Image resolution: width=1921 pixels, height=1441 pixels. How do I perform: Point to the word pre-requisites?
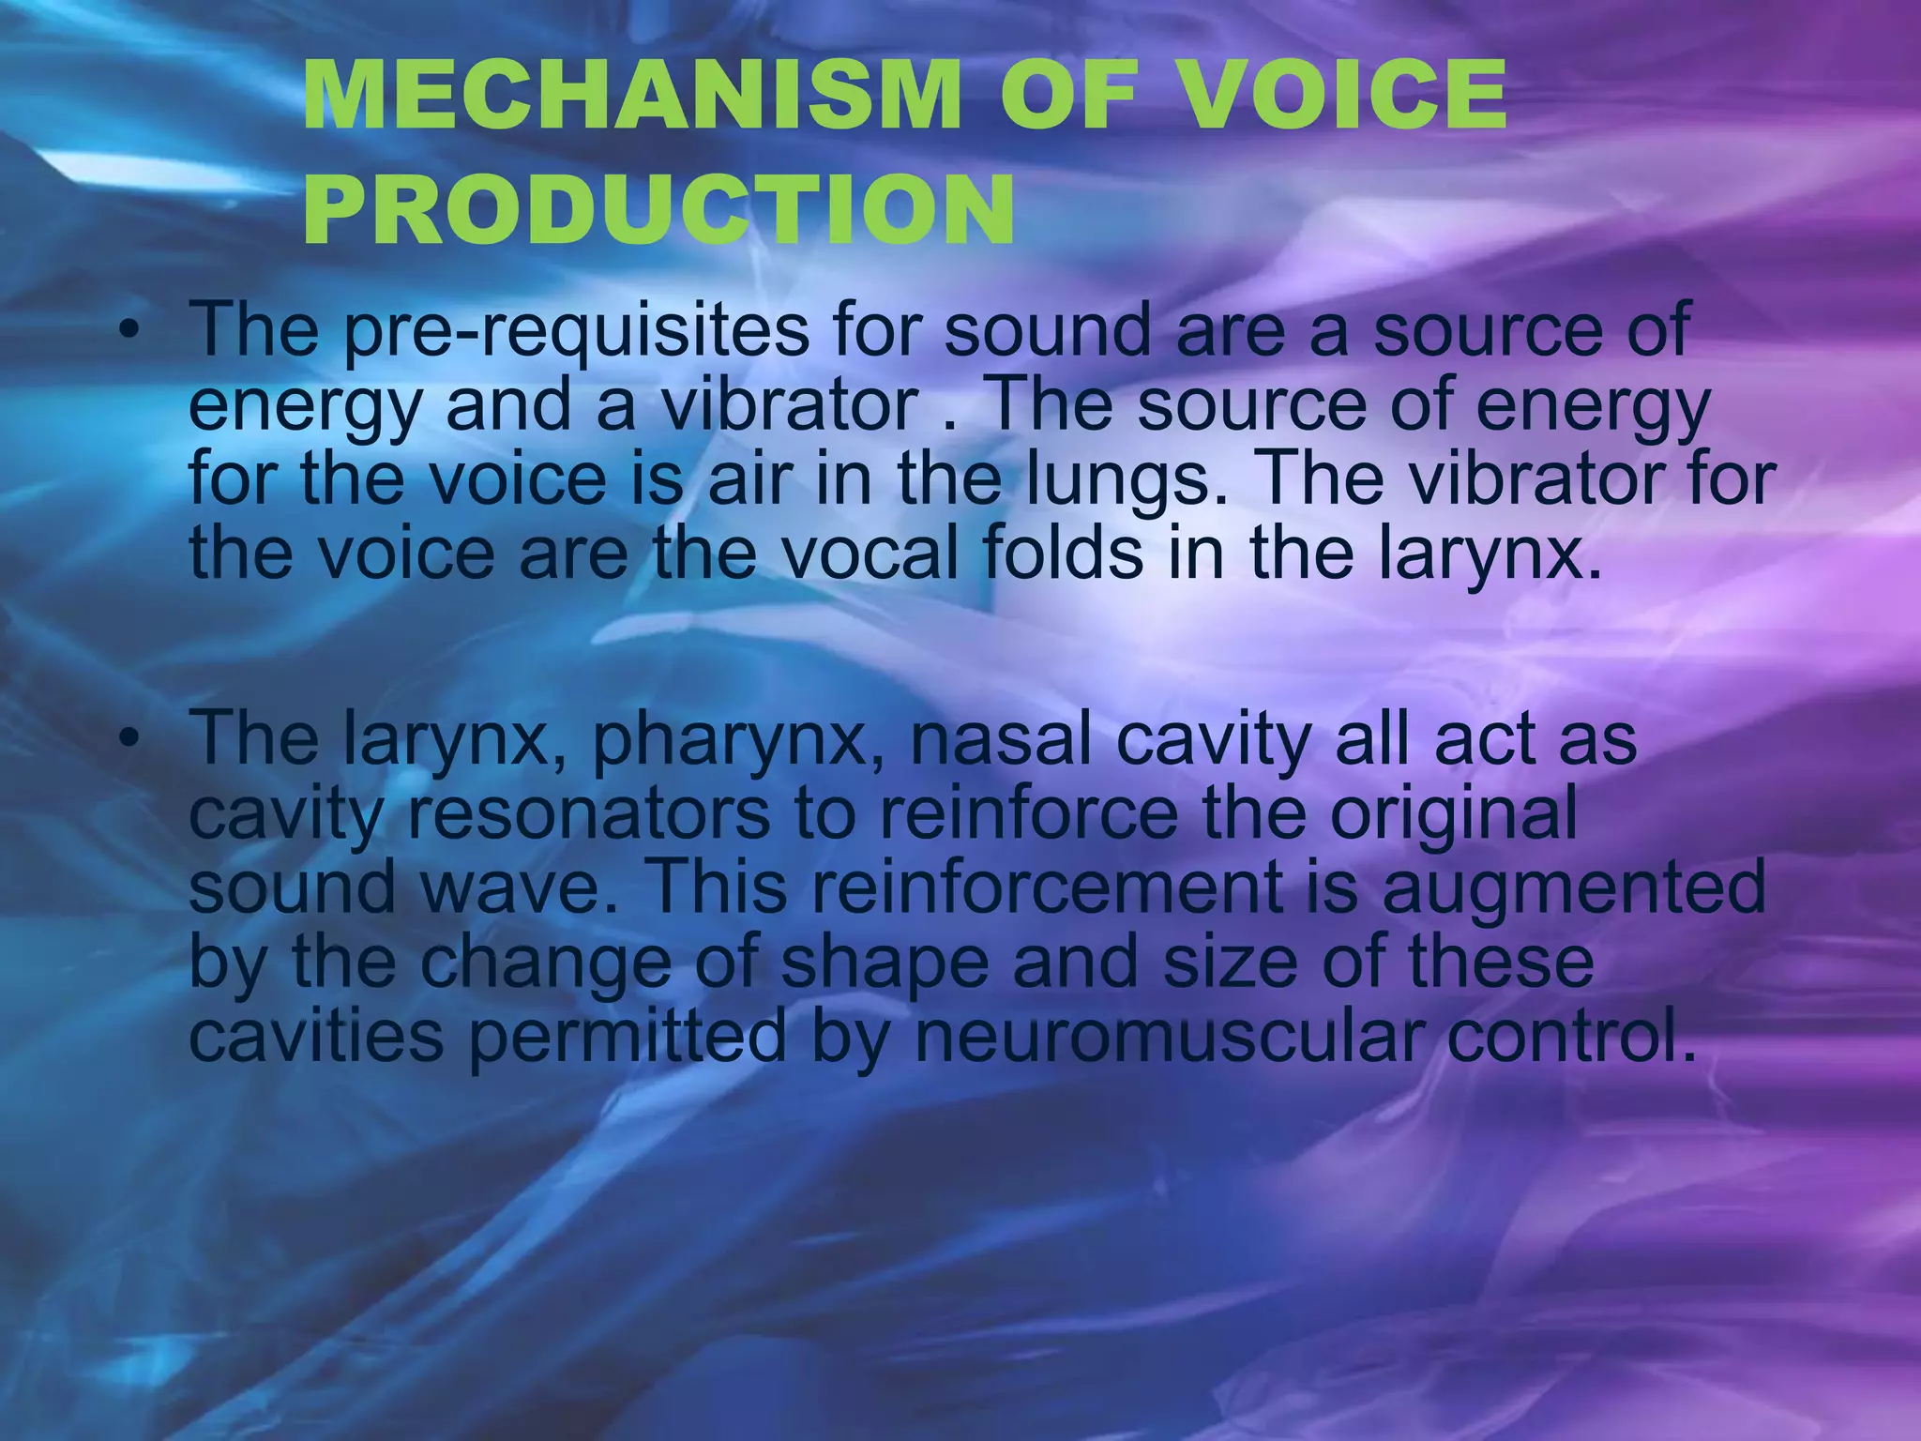pos(576,331)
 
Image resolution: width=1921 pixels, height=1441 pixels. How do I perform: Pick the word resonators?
pos(589,813)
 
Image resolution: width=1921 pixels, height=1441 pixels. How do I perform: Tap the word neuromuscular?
pos(1169,1037)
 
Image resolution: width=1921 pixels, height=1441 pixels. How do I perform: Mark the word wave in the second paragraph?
pos(519,888)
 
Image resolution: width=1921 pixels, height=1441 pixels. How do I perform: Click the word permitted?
pos(627,1037)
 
